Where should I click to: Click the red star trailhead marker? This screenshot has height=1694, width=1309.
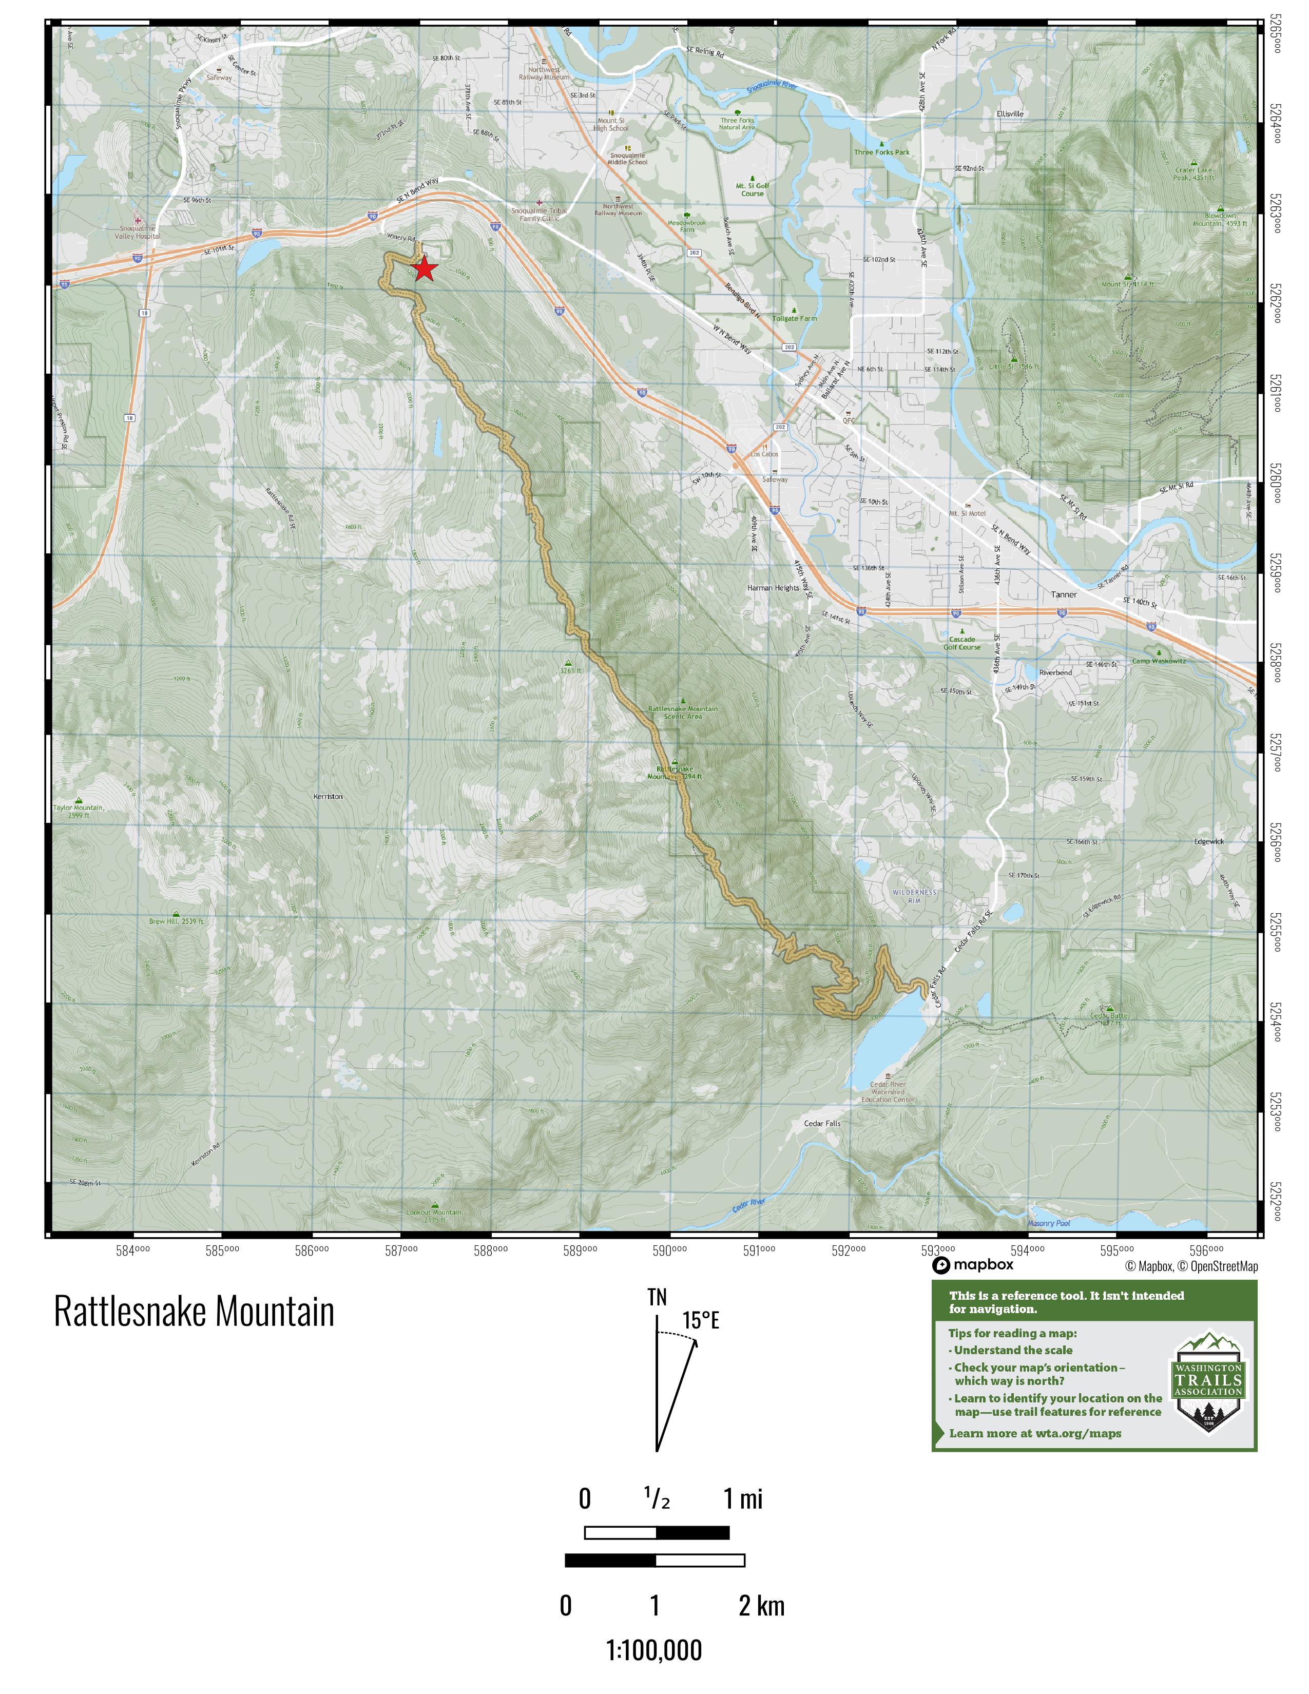[424, 269]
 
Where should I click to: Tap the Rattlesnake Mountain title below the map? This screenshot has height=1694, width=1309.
[194, 1312]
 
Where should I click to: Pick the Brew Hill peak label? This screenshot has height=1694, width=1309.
[177, 921]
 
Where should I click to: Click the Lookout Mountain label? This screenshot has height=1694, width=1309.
[434, 1216]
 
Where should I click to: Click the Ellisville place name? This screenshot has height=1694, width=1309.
[1010, 114]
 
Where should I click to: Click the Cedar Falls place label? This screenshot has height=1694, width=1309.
[822, 1123]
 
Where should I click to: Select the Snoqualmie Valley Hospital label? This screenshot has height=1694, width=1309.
[137, 232]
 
